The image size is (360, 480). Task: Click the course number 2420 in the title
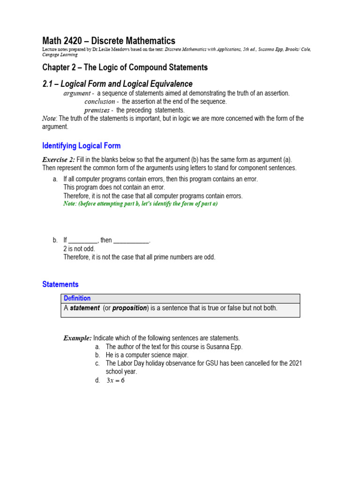click(x=75, y=41)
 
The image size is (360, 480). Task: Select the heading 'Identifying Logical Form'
click(x=81, y=146)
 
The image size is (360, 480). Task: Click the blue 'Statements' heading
click(x=60, y=285)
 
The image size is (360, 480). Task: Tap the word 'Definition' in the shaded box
click(x=77, y=298)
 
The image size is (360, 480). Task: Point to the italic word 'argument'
click(x=77, y=93)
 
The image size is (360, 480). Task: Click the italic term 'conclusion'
click(x=99, y=102)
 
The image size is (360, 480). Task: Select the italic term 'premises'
click(x=97, y=110)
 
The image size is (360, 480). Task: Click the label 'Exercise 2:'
click(x=59, y=160)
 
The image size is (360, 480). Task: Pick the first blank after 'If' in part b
click(x=83, y=240)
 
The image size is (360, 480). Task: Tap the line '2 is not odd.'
click(x=79, y=249)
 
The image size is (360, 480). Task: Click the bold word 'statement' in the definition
click(x=84, y=308)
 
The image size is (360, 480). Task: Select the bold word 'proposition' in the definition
click(x=130, y=308)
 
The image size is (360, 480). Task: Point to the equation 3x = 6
click(x=115, y=381)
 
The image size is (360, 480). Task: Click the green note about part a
click(x=141, y=204)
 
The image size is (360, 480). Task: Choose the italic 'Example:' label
click(x=78, y=338)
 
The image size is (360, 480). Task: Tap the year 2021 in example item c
click(x=295, y=363)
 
